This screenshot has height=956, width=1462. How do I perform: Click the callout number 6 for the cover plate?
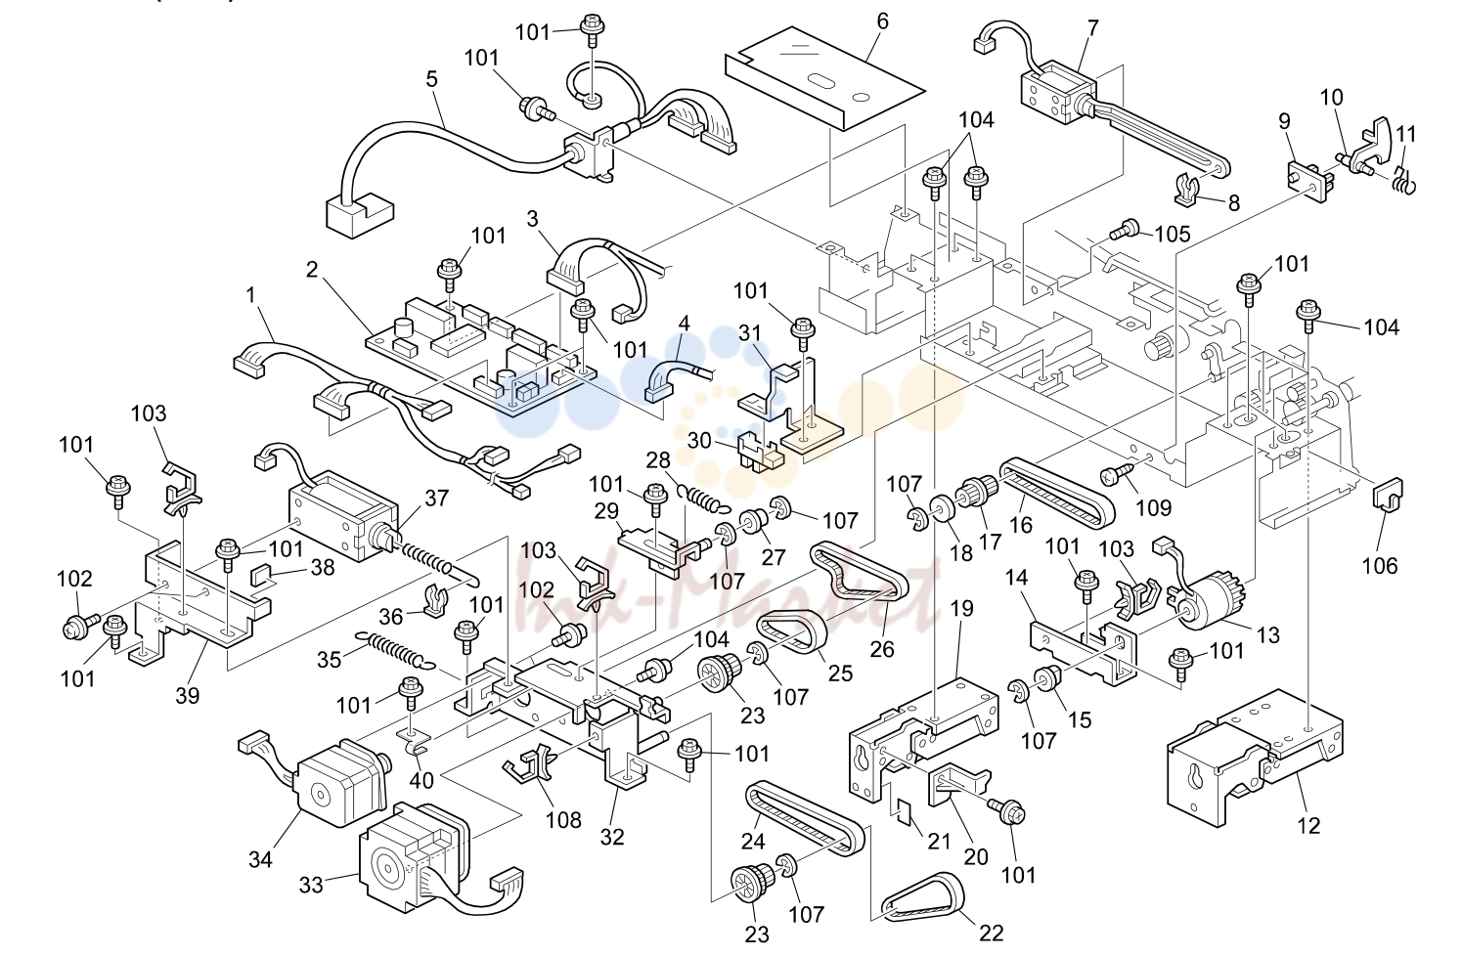tap(882, 22)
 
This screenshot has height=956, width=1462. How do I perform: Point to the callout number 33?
tap(311, 886)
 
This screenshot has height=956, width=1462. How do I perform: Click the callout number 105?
tap(1173, 234)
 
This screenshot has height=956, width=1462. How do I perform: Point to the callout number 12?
tap(1308, 826)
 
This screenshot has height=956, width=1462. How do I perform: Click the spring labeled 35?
tap(395, 649)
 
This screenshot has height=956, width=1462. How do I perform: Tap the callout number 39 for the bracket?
tap(188, 696)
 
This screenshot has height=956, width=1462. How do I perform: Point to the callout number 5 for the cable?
tap(431, 79)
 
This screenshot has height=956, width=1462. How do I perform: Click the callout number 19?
tap(962, 608)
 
